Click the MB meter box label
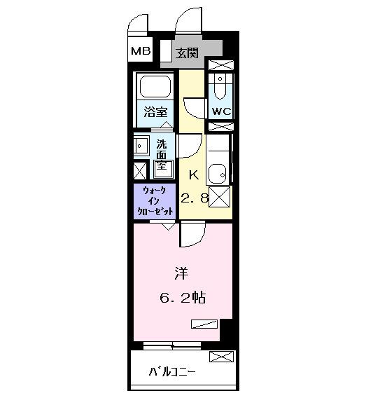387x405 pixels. (x=141, y=51)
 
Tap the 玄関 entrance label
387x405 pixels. (x=187, y=53)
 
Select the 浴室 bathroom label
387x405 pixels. (x=155, y=112)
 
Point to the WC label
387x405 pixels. (x=221, y=111)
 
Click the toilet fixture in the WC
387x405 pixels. (x=220, y=86)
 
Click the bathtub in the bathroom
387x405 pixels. (x=155, y=86)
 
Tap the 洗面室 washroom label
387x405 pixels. (x=162, y=155)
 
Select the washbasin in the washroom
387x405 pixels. (x=141, y=146)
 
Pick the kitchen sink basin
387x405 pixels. (x=218, y=174)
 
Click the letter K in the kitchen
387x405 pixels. (x=194, y=175)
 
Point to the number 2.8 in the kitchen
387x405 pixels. (x=195, y=198)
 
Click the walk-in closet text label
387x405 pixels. (x=155, y=201)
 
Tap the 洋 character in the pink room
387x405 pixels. (x=181, y=273)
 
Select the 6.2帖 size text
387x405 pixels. (x=183, y=298)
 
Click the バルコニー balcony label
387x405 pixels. (x=172, y=372)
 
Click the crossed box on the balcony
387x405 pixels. (x=221, y=357)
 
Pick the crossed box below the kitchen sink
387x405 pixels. (x=219, y=197)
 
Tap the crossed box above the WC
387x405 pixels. (x=221, y=65)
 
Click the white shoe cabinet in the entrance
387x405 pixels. (x=166, y=50)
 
